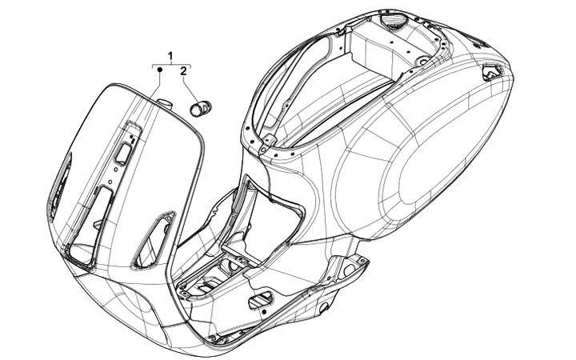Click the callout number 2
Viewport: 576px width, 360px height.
(x=184, y=71)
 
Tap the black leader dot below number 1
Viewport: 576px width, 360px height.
(x=159, y=71)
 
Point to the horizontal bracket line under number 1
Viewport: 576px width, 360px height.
(x=171, y=62)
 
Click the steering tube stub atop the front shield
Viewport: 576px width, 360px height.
(x=166, y=102)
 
